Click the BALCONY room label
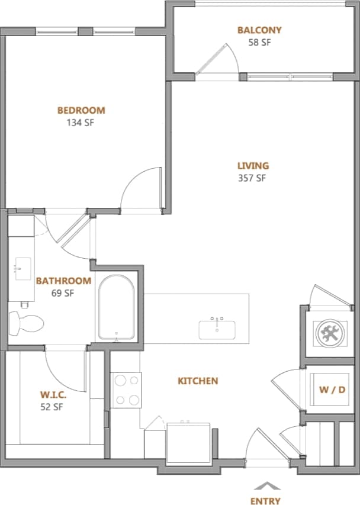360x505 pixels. click(x=259, y=30)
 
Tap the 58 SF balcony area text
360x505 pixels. click(x=259, y=43)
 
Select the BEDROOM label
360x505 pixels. click(x=81, y=110)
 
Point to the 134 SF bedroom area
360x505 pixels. click(x=81, y=123)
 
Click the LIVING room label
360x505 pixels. click(x=253, y=166)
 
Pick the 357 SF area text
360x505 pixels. click(x=253, y=179)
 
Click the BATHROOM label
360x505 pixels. click(x=63, y=281)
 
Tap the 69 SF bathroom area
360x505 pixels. click(x=63, y=293)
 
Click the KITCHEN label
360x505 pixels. click(x=198, y=381)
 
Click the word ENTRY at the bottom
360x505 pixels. click(x=265, y=501)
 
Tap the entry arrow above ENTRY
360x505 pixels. click(x=265, y=485)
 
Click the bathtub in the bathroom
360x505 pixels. click(x=117, y=308)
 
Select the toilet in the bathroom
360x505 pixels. click(x=27, y=323)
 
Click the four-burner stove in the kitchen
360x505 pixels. click(x=126, y=390)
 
